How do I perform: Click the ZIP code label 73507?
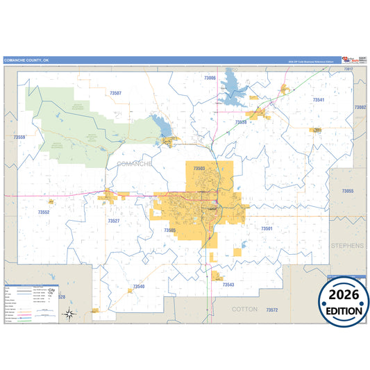[115, 93]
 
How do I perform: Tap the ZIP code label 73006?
[210, 78]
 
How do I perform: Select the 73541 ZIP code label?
[319, 101]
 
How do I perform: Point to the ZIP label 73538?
[241, 122]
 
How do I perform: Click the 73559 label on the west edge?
[19, 137]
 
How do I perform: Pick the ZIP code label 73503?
[199, 168]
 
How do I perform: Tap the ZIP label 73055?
[347, 191]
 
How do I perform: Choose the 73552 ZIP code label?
[44, 212]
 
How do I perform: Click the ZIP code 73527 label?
[114, 221]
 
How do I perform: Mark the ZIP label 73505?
[170, 230]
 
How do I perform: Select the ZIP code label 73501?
[267, 228]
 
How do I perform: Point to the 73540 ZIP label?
[139, 286]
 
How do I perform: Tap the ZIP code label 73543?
[228, 285]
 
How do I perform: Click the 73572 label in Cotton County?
[272, 310]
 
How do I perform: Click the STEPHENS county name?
[347, 246]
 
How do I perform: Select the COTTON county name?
[244, 308]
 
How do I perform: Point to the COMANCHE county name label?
[135, 163]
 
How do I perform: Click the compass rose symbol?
[69, 314]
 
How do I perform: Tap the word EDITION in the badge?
[344, 310]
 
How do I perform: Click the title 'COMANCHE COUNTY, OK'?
[27, 60]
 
